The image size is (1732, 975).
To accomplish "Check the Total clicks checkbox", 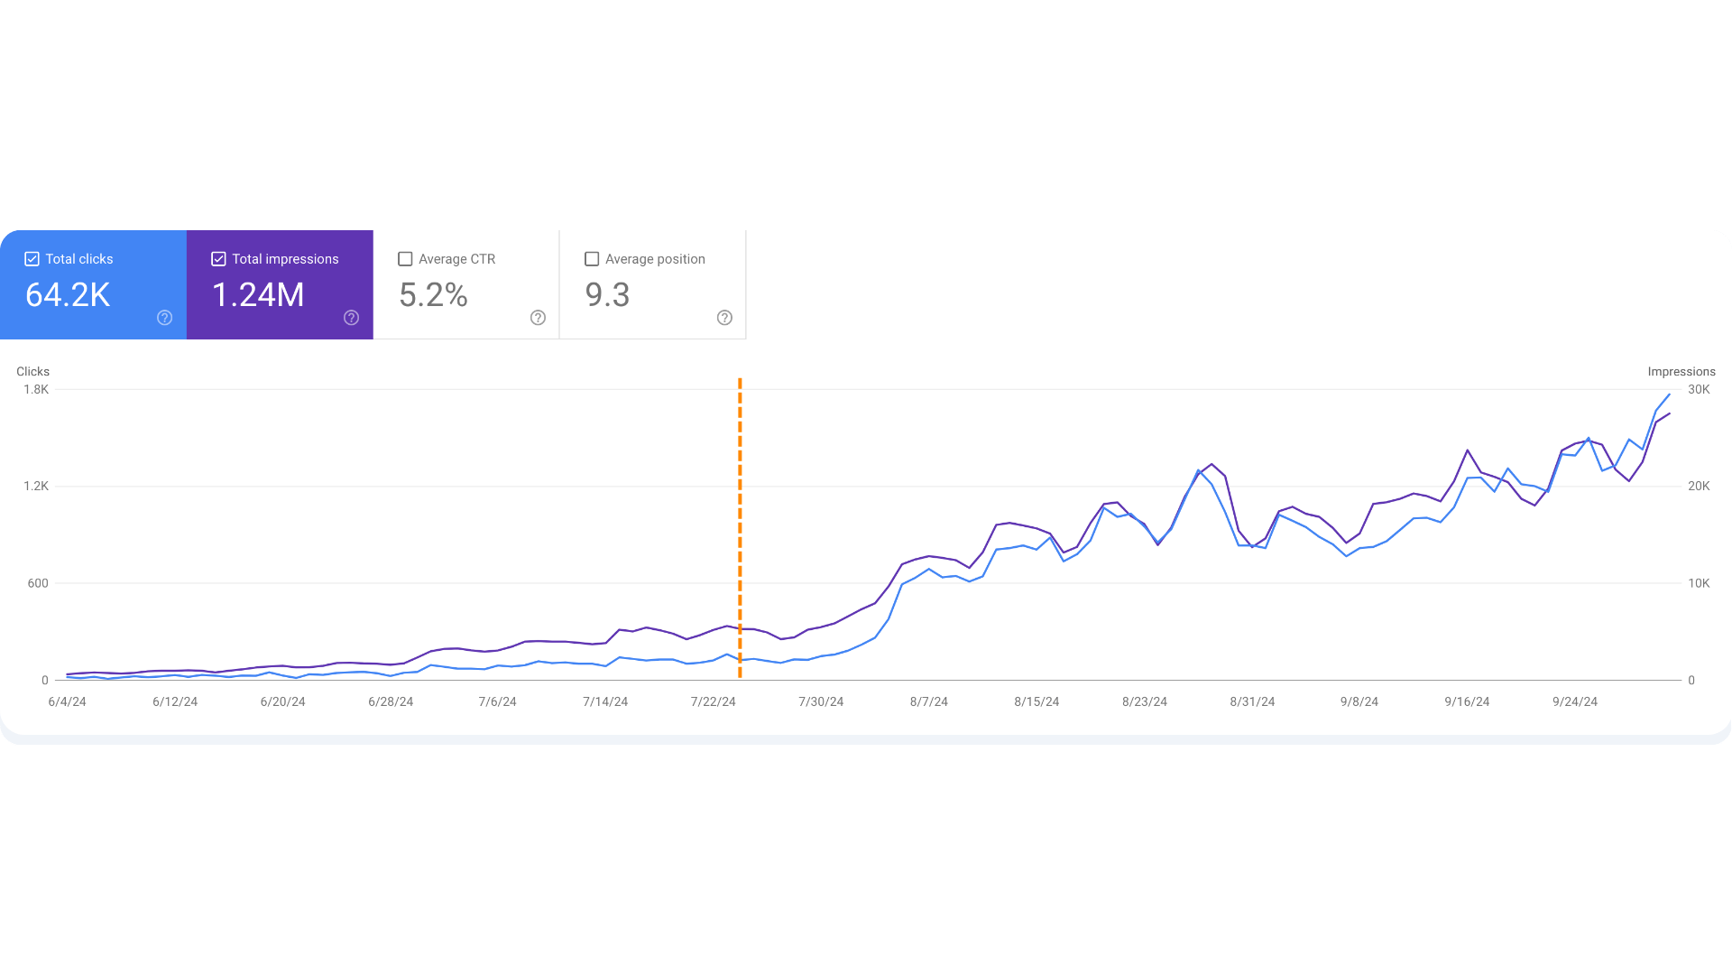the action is (x=32, y=259).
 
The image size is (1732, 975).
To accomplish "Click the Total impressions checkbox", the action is (x=218, y=259).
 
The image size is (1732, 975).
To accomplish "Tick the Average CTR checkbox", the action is (x=405, y=259).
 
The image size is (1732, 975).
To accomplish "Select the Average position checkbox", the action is (x=592, y=259).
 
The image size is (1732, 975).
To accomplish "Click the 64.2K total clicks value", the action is (x=68, y=295).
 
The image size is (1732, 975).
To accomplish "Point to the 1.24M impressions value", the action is (x=258, y=295).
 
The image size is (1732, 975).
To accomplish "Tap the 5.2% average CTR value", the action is (x=433, y=295).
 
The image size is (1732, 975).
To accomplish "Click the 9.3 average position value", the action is (x=607, y=295).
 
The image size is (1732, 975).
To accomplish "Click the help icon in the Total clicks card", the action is (x=164, y=318).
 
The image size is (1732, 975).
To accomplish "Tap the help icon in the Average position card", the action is (x=724, y=318).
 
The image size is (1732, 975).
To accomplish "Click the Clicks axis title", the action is (x=32, y=372).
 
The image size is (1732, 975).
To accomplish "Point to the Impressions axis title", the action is (x=1681, y=372).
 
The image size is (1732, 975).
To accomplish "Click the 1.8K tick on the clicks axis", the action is (x=36, y=390).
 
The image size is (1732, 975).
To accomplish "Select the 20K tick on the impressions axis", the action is (x=1699, y=487).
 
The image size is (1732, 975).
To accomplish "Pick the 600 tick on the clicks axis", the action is (x=38, y=583).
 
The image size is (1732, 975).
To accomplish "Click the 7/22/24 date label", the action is (x=714, y=702).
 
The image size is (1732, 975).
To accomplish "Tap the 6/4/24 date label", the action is (x=68, y=702).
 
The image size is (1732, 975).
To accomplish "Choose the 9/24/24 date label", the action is (x=1575, y=702).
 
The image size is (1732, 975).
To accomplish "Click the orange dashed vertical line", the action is (x=740, y=529).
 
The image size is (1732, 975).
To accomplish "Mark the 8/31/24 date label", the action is (x=1252, y=702).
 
